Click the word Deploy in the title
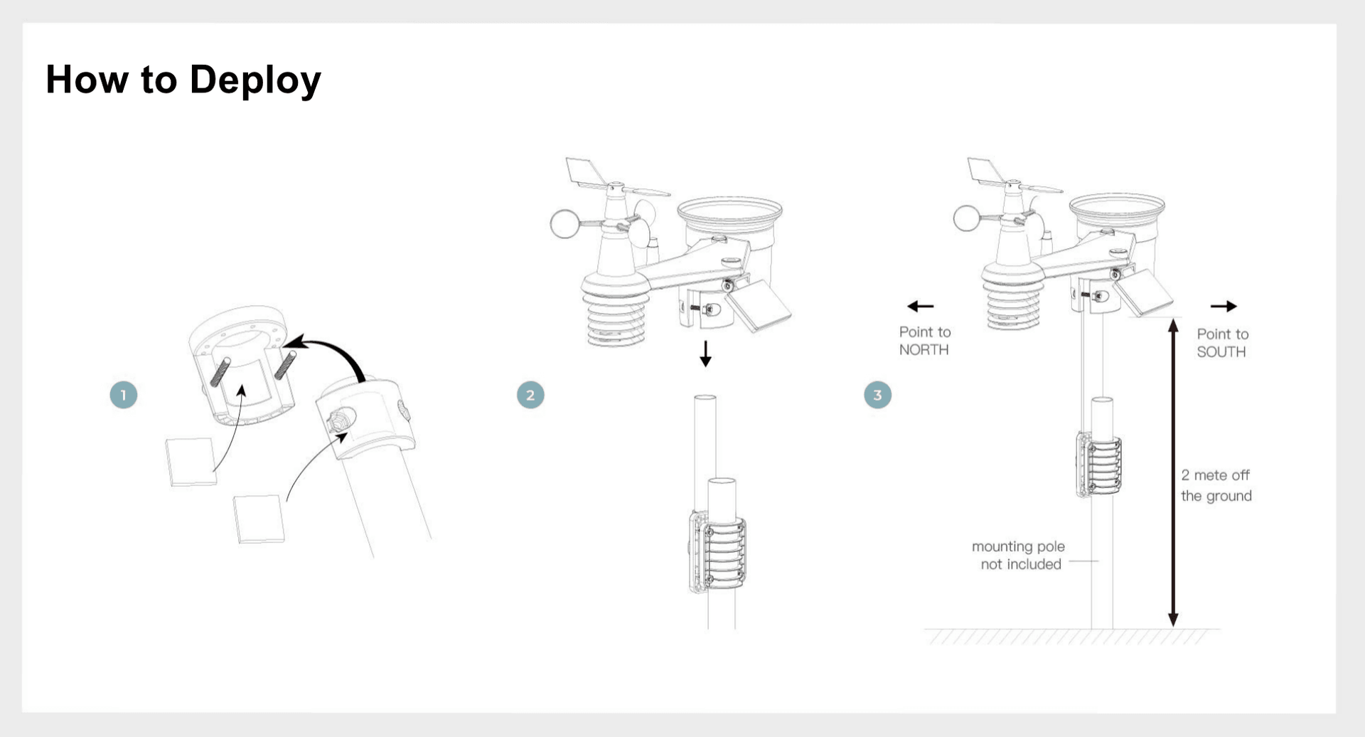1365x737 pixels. (x=255, y=80)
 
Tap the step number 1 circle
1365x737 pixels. (x=124, y=395)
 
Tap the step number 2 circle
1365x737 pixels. (x=530, y=395)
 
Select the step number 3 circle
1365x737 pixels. (x=877, y=395)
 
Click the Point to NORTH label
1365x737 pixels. (x=924, y=341)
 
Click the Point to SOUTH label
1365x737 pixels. (x=1222, y=343)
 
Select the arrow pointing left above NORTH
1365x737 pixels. (x=921, y=307)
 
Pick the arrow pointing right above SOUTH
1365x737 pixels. (x=1224, y=307)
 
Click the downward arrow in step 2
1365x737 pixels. (x=705, y=354)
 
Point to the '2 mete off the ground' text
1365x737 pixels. (x=1216, y=485)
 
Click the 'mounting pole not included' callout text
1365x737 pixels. (x=1019, y=556)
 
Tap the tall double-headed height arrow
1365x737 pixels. (x=1173, y=473)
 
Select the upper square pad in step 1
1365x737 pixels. (x=191, y=462)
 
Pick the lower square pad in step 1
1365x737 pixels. (x=259, y=519)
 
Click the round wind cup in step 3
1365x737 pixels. (x=967, y=218)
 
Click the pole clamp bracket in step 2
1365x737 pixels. (x=718, y=552)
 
